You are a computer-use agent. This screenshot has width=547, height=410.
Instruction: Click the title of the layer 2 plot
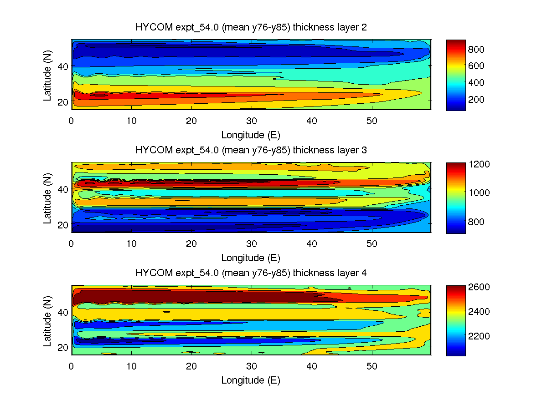(251, 27)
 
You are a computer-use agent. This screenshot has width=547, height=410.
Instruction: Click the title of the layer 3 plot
(251, 150)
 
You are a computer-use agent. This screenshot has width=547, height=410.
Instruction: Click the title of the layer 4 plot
(251, 273)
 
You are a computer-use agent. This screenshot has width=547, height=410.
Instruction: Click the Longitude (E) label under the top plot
(251, 135)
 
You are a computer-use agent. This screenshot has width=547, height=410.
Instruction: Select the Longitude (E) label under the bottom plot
(251, 381)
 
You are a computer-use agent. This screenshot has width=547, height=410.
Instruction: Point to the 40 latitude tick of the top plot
(63, 66)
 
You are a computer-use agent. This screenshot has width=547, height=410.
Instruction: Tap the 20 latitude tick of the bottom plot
(63, 347)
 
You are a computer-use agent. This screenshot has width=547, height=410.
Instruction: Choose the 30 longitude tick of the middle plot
(252, 243)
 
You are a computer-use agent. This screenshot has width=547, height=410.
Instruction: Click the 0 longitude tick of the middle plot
(71, 243)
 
